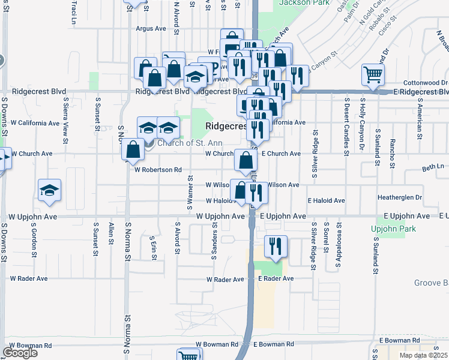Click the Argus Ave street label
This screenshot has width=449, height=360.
(151, 28)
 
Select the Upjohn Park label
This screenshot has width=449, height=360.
(393, 229)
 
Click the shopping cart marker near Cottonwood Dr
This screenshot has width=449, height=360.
(373, 75)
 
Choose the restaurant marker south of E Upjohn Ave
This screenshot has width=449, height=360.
(276, 246)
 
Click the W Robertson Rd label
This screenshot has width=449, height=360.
(158, 170)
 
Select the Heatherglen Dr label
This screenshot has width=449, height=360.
(400, 197)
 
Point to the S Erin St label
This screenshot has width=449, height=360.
(154, 248)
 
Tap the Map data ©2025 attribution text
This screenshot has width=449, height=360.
(423, 355)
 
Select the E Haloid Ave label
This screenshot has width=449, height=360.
(326, 200)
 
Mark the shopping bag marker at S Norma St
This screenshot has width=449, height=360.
(133, 150)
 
